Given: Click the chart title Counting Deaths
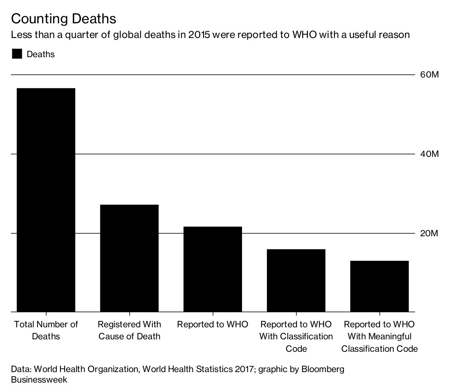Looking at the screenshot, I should click(64, 19).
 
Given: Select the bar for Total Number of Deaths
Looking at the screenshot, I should click(46, 200).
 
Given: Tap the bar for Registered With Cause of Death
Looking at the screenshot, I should click(129, 258).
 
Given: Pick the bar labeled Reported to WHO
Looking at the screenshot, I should click(213, 269).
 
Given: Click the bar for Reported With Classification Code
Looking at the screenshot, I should click(296, 280).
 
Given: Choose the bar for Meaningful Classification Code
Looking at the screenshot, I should click(379, 286).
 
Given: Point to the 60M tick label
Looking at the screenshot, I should click(429, 75).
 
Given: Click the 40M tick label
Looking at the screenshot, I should click(429, 154).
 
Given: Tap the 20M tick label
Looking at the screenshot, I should click(429, 234).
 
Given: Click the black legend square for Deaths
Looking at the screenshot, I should click(17, 54).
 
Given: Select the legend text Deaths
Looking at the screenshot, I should click(41, 54).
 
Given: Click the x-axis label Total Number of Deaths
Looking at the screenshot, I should click(46, 330).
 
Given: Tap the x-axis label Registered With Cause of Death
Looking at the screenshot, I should click(129, 330).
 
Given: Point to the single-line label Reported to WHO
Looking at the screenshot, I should click(213, 324).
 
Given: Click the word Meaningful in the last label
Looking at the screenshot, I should click(389, 336).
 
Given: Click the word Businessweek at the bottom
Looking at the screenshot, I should click(39, 380).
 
